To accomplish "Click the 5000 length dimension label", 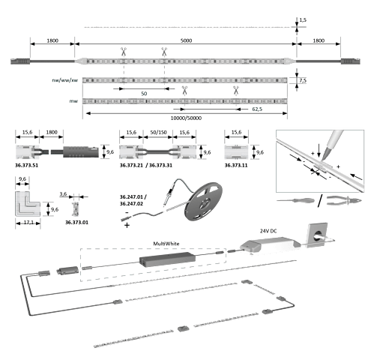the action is pos(186,40).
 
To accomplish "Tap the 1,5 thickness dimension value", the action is pos(303,20).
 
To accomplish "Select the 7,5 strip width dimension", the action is pos(303,80).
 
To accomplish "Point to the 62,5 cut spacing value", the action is pos(257,109).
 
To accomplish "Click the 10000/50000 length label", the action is pos(186,118).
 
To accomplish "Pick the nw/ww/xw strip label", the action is pos(65,80).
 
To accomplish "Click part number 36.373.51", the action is pos(26,165).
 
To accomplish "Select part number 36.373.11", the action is pos(236,165).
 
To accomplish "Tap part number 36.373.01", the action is pos(76,222).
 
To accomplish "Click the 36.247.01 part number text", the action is pos(131,197).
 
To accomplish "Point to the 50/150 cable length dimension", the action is pos(158,132).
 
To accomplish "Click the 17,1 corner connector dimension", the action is pos(28,222).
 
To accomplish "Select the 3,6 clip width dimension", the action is pos(63,194).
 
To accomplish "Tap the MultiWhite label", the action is pos(166,244).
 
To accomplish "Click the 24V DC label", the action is pos(268,231).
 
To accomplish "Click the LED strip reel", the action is pos(203,201).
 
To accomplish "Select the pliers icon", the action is pos(344,201).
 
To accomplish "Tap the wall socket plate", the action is pos(317,235).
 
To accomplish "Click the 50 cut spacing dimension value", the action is pos(144,94).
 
